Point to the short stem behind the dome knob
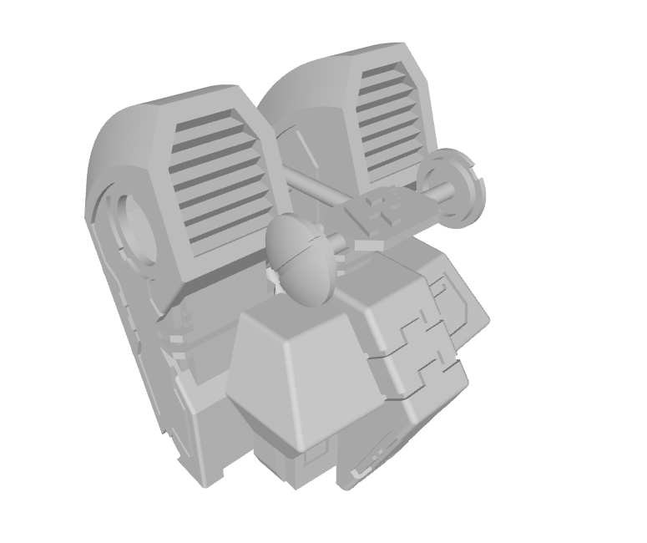(339, 246)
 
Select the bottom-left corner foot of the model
(209, 476)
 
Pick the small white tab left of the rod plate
(367, 245)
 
